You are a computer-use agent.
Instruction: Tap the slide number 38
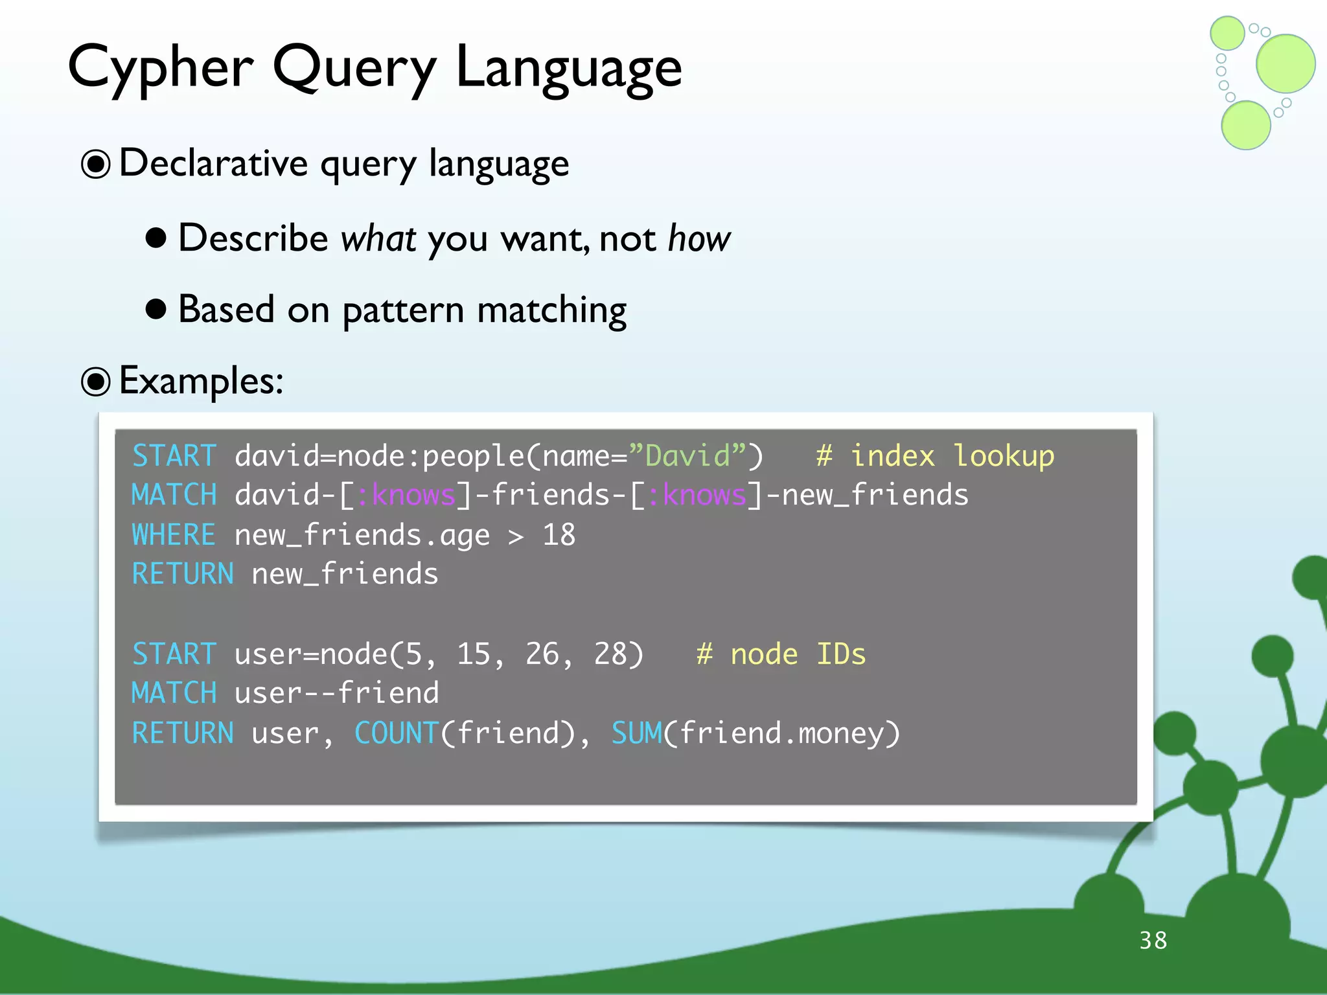pos(1153,940)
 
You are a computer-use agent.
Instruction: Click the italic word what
pos(378,238)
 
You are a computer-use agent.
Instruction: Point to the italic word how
pos(698,238)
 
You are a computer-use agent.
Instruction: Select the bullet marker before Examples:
pos(96,382)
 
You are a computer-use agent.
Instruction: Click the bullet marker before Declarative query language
pos(96,164)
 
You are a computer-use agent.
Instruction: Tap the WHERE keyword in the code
pos(173,535)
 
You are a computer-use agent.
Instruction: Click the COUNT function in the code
pos(397,733)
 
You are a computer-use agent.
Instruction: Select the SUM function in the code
pos(636,733)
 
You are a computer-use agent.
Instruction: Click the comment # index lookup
pos(934,456)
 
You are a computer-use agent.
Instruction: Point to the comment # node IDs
pos(781,654)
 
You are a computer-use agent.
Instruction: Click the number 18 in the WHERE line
pos(559,535)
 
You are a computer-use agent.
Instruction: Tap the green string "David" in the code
pos(688,456)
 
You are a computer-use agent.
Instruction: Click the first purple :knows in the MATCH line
pos(406,496)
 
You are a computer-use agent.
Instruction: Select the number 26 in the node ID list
pos(541,654)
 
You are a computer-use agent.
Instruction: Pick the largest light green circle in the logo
pos(1286,63)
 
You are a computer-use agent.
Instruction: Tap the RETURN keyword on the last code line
pos(183,733)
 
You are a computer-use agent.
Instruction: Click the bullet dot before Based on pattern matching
pos(156,310)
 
